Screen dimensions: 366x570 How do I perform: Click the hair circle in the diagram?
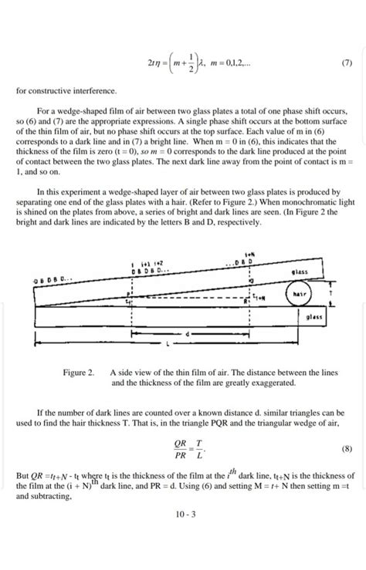297,295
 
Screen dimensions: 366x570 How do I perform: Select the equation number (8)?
344,448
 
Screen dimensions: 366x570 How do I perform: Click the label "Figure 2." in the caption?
79,373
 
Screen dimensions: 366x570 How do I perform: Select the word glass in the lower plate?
313,317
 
